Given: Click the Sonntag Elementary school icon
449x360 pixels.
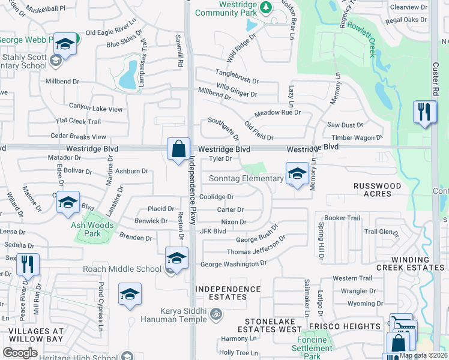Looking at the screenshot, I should (x=296, y=174).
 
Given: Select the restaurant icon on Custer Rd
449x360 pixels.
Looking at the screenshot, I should (x=424, y=112).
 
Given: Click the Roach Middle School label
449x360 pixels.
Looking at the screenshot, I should (x=123, y=269).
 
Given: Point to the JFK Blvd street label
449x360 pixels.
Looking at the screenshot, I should (x=213, y=231).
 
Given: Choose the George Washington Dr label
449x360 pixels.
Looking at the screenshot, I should (x=232, y=263).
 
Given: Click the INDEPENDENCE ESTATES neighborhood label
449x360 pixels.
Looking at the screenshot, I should (x=229, y=293).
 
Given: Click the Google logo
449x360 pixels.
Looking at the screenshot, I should (x=20, y=353).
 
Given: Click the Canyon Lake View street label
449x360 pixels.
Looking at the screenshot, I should (x=96, y=109).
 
